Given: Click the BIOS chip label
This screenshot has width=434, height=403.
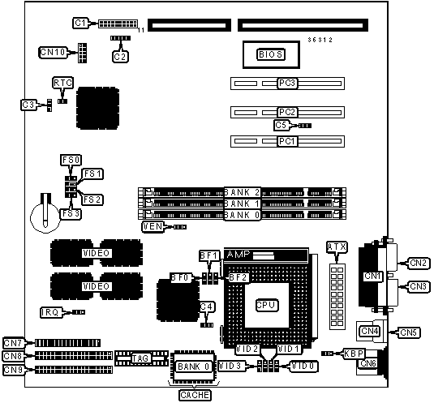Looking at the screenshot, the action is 270,54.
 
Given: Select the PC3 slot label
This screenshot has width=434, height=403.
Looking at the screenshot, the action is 287,84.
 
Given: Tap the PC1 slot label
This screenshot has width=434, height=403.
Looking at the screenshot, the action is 287,141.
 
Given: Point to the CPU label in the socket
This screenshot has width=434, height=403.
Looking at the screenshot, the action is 266,305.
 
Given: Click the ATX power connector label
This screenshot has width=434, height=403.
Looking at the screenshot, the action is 337,247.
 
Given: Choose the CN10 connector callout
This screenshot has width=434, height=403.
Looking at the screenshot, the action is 53,52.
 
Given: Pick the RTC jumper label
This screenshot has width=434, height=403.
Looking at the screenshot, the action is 62,83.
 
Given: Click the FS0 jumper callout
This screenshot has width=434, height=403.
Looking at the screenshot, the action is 71,161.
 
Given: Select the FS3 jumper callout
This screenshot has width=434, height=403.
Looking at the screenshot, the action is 71,214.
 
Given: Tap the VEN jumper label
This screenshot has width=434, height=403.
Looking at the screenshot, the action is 153,227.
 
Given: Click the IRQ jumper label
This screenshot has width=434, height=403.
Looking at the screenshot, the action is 50,312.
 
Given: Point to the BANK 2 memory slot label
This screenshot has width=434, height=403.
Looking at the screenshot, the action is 242,192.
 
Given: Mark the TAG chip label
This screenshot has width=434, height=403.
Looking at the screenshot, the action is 140,358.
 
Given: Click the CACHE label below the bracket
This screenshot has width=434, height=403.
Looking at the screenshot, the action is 195,395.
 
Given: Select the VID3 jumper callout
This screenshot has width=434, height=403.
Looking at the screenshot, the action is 230,366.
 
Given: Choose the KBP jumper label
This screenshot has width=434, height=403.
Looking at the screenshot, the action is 354,354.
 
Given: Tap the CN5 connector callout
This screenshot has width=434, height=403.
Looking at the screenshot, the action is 409,332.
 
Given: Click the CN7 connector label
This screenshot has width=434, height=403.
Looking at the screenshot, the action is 13,343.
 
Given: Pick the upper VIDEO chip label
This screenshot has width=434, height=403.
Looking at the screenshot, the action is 97,253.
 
